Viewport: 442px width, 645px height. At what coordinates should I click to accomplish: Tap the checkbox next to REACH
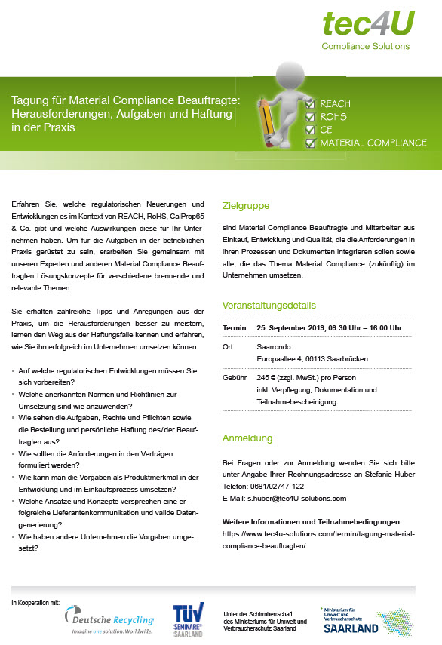(308, 103)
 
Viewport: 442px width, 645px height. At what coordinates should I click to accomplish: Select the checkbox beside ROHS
(308, 117)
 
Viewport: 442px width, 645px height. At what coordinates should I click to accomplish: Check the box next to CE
(308, 129)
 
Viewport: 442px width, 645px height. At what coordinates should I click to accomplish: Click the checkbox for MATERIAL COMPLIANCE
(308, 142)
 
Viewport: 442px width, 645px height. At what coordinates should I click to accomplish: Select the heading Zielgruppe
(246, 205)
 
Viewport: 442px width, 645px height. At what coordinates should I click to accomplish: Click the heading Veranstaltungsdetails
(269, 306)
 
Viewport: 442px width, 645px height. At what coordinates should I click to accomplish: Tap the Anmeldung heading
(247, 438)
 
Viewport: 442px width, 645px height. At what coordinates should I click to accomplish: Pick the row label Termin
(235, 329)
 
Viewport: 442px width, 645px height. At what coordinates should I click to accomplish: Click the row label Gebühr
(235, 377)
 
